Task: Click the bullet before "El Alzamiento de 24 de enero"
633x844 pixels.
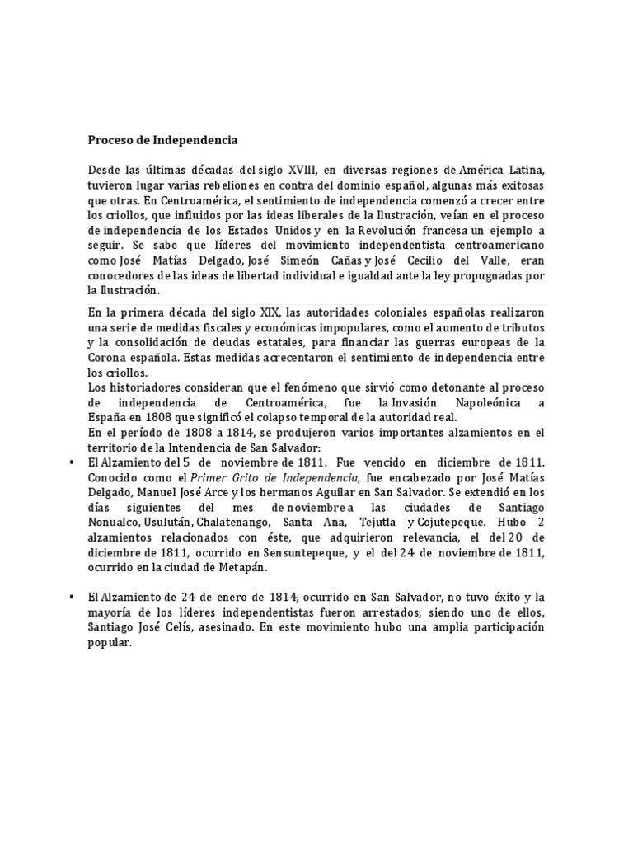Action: [x=74, y=596]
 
